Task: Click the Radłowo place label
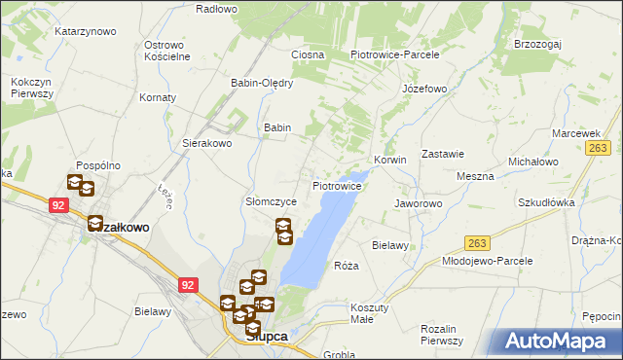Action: (216, 9)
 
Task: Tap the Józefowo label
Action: (423, 89)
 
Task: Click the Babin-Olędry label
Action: (262, 83)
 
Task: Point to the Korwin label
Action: (389, 160)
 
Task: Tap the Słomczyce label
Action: (263, 201)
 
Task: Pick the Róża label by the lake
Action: (347, 266)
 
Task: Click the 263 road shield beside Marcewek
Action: (598, 147)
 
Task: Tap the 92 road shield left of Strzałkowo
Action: (58, 205)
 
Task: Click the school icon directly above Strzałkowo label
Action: (95, 224)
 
